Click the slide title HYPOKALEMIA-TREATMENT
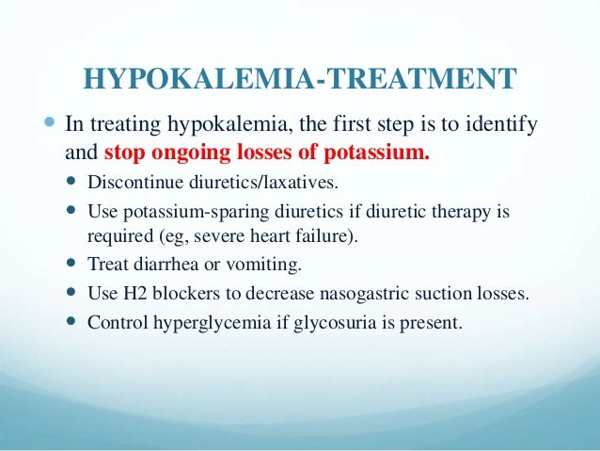click(300, 78)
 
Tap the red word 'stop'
click(124, 151)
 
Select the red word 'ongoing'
click(183, 151)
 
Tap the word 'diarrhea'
click(158, 264)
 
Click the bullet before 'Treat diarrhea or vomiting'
click(74, 264)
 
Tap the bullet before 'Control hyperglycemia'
click(74, 322)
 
